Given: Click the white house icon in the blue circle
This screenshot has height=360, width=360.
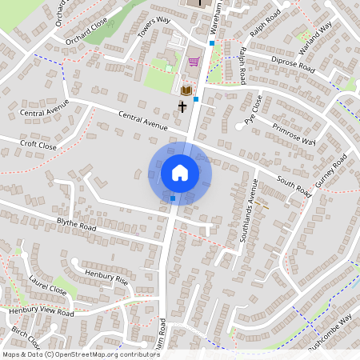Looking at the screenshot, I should tap(180, 173).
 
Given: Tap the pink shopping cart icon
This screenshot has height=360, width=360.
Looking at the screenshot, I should tap(193, 62).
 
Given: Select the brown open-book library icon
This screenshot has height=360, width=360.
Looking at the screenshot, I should tap(186, 90).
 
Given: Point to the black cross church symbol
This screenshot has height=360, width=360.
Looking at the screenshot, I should tap(182, 106).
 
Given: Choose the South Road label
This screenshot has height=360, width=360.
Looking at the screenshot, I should tap(293, 186).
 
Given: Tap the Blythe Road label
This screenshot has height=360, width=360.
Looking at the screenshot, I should tap(76, 226).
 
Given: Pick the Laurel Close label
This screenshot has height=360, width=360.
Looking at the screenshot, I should tap(48, 286).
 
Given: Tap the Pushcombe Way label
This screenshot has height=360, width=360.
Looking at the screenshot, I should tap(329, 331).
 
